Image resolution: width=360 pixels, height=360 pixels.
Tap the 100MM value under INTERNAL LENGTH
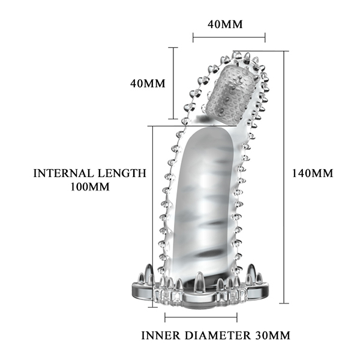pos(89,186)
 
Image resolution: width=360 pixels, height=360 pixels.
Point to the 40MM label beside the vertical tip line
pos(147,83)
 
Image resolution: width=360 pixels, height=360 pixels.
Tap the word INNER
pos(161,334)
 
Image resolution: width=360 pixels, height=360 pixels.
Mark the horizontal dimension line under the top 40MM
pos(229,37)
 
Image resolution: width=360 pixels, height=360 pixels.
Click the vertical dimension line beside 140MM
pos(286,174)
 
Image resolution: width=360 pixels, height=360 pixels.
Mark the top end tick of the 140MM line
pos(286,51)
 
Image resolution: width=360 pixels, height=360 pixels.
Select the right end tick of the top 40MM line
pos(265,37)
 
